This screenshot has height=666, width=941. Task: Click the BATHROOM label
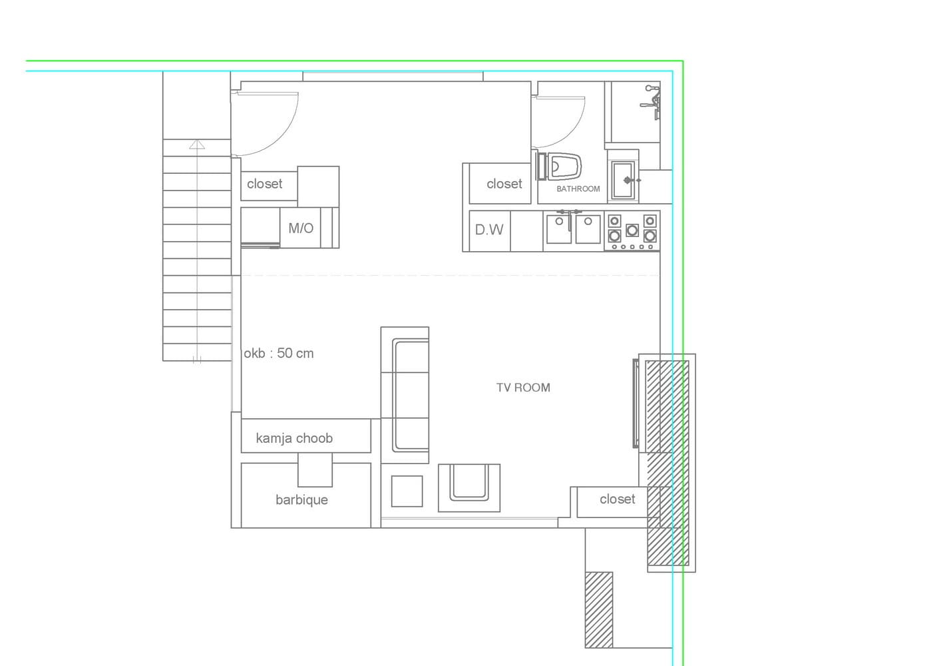click(x=578, y=188)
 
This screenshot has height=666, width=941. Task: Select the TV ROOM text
click(x=523, y=387)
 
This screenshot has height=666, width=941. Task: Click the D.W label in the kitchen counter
click(x=489, y=230)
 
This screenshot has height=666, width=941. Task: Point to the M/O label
click(x=301, y=228)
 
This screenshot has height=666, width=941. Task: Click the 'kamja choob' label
click(x=294, y=438)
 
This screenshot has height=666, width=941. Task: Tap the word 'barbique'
click(x=301, y=499)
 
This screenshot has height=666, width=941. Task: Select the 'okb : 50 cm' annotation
click(x=279, y=353)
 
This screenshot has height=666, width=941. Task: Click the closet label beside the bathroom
click(x=504, y=184)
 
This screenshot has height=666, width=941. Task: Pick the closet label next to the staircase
click(x=265, y=184)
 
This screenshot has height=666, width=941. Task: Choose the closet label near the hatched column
click(x=617, y=499)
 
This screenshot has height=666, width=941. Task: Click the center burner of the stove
click(x=632, y=230)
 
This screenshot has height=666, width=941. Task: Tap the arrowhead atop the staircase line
click(x=197, y=145)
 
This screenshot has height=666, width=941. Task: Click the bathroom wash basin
click(x=623, y=180)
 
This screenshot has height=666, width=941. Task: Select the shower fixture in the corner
click(x=651, y=102)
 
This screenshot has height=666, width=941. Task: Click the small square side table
click(x=407, y=491)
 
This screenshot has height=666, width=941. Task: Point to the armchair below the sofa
click(x=469, y=488)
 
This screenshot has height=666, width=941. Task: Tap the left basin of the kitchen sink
click(x=559, y=229)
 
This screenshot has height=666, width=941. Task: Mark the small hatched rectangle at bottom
click(x=599, y=609)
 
